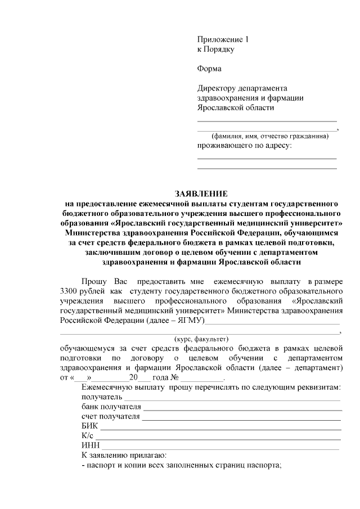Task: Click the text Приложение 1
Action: [222, 40]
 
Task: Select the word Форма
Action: [209, 69]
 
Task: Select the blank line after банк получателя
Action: [242, 408]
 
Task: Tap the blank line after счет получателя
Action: [242, 417]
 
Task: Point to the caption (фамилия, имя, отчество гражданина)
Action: [267, 137]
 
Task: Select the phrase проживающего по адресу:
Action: [244, 146]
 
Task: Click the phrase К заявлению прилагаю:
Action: [124, 456]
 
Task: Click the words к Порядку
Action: [215, 49]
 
